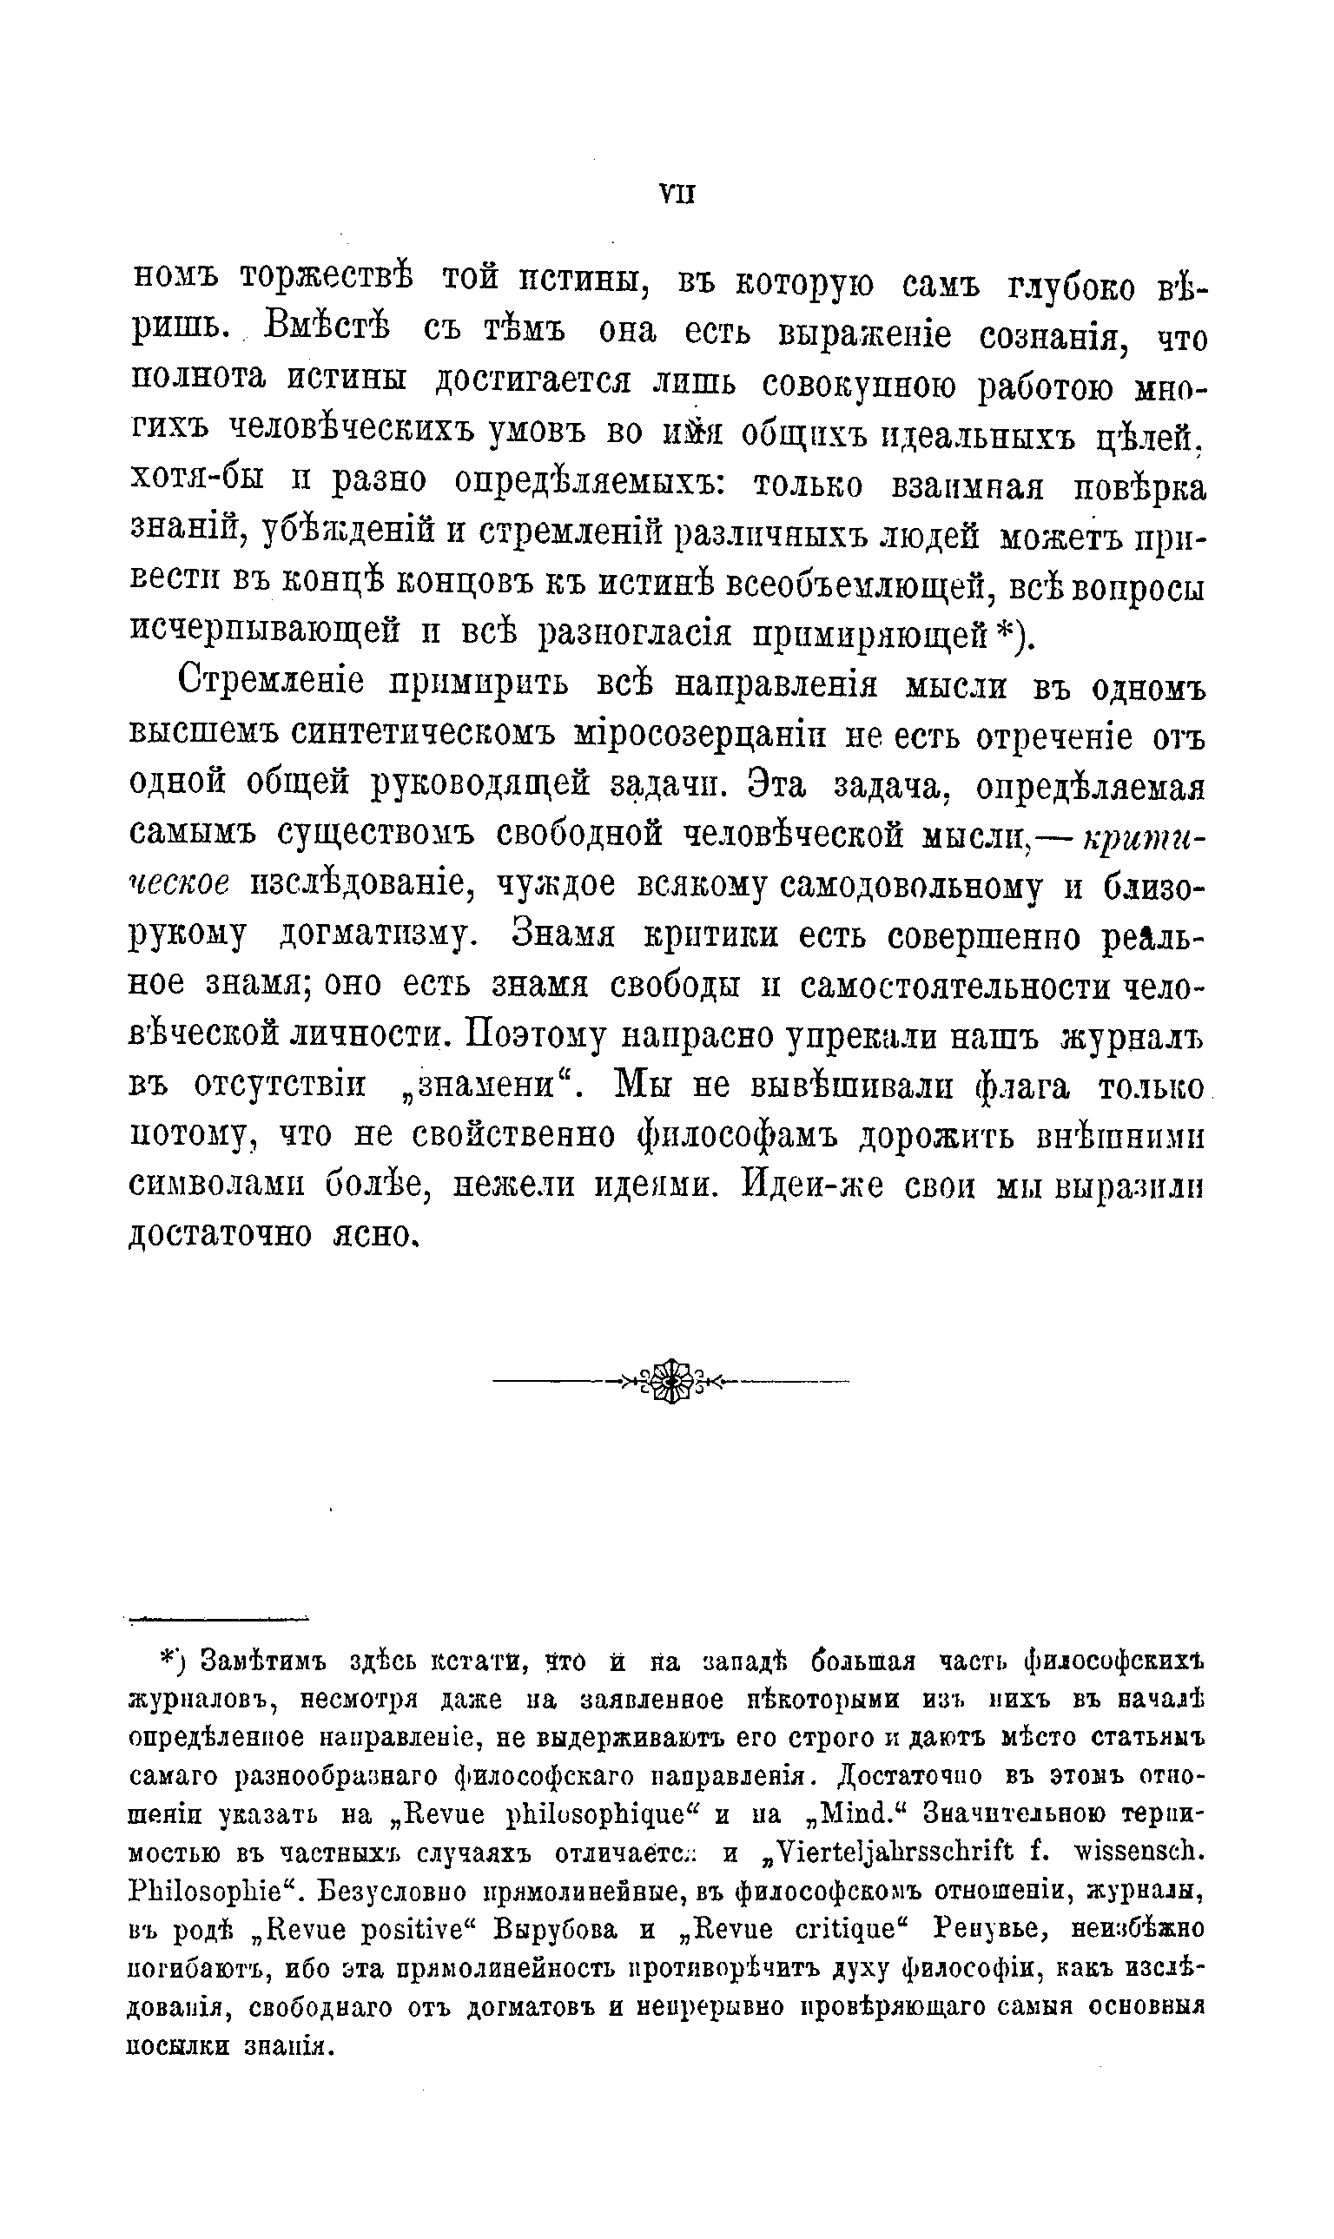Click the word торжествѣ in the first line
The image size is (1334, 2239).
click(x=327, y=281)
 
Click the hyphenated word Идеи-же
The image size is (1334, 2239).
click(x=812, y=1186)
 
